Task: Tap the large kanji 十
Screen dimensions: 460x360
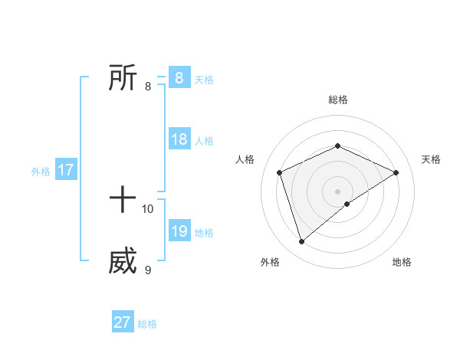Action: click(123, 201)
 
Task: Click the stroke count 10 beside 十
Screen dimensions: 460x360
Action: click(148, 208)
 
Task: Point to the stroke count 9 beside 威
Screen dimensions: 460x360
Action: click(148, 270)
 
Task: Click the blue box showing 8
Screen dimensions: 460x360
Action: click(179, 78)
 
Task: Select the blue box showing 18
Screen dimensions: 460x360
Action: click(179, 139)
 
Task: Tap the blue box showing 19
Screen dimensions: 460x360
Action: click(179, 231)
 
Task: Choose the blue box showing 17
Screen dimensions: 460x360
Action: click(65, 170)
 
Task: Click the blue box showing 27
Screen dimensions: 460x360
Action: click(122, 322)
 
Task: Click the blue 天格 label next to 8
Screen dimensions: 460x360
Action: click(204, 80)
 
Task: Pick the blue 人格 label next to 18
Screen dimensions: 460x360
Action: click(204, 141)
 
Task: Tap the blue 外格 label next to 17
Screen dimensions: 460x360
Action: click(41, 172)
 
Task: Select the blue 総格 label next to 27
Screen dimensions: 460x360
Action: click(147, 324)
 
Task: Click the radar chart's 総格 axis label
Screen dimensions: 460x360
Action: click(337, 100)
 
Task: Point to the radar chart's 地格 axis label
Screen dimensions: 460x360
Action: click(402, 262)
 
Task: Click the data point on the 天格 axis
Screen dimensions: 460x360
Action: click(396, 172)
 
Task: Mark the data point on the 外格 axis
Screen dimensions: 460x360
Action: click(301, 242)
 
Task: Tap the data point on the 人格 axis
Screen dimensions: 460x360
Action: click(280, 172)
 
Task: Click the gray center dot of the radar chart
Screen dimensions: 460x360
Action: click(337, 191)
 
